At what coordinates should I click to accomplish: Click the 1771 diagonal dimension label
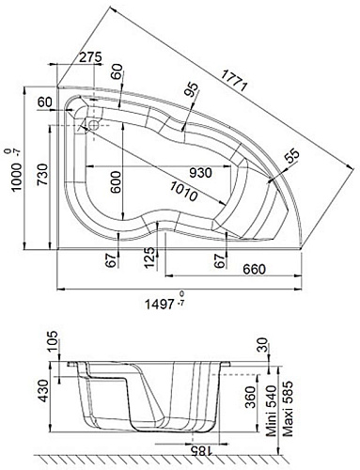(x=234, y=80)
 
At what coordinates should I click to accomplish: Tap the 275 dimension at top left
(x=90, y=57)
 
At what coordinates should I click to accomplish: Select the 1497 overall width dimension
(x=159, y=304)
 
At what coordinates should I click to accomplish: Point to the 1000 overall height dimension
(x=17, y=176)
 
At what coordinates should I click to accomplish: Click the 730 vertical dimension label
(x=43, y=174)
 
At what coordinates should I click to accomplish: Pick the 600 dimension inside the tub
(x=116, y=182)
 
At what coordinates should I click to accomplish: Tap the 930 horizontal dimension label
(x=201, y=173)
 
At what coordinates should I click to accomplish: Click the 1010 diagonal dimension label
(x=184, y=191)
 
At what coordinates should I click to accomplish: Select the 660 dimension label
(x=254, y=269)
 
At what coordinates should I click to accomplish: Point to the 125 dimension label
(x=150, y=258)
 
